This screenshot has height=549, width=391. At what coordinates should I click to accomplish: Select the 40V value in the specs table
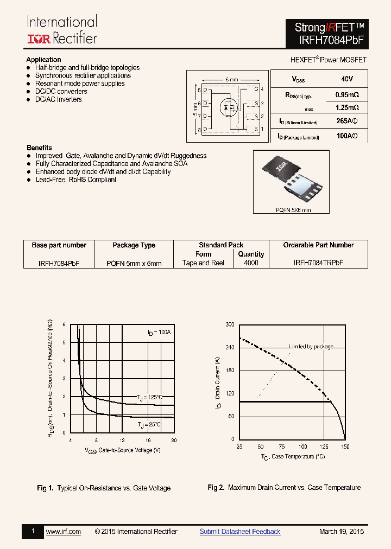tap(347, 79)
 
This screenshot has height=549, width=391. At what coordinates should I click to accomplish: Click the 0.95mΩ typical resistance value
tap(347, 95)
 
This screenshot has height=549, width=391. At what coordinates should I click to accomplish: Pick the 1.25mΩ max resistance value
tap(347, 107)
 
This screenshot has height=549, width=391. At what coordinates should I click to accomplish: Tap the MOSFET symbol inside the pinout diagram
tap(228, 107)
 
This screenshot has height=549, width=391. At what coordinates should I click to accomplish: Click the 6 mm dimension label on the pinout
tap(231, 80)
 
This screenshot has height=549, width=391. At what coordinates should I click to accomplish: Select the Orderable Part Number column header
tap(318, 245)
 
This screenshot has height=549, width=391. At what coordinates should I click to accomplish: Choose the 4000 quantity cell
tap(251, 263)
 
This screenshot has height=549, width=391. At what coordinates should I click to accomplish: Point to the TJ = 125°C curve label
tap(149, 398)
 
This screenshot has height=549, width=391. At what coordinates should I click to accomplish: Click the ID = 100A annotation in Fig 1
tap(159, 331)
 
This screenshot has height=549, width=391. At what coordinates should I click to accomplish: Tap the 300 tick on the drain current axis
tap(230, 324)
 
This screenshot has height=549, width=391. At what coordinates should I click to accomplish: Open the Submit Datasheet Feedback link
tap(240, 532)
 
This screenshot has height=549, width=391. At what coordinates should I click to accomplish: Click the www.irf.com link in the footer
tap(64, 532)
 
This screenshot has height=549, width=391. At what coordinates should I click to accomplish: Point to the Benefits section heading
tap(39, 148)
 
